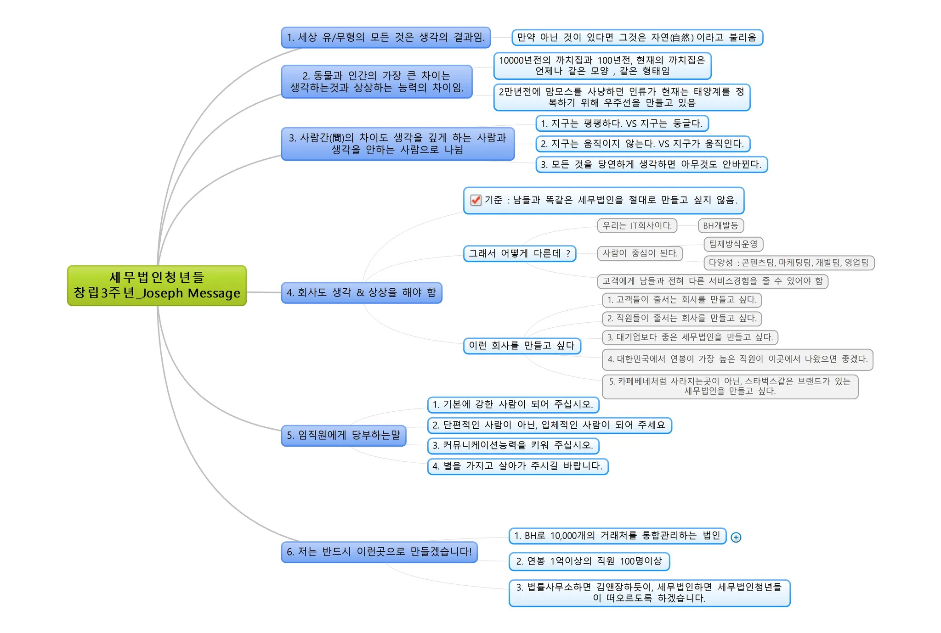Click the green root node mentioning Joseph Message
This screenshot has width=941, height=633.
[157, 285]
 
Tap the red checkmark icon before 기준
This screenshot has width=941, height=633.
[476, 200]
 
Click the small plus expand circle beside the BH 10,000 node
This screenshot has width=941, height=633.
[736, 537]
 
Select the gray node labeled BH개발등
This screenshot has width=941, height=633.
[720, 225]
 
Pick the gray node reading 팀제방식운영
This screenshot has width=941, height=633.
[733, 244]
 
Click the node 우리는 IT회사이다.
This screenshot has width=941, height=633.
[637, 225]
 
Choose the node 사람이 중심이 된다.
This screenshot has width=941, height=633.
[640, 253]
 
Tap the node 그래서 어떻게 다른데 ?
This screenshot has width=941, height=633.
[519, 253]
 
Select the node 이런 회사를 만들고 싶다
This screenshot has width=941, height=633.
[522, 346]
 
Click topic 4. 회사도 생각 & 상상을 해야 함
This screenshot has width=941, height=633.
[361, 292]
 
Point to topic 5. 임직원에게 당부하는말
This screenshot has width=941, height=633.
[343, 435]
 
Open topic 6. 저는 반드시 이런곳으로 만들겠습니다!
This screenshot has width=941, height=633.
[379, 552]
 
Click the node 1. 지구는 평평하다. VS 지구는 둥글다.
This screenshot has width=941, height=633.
[622, 123]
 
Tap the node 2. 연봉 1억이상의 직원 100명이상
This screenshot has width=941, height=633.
[589, 561]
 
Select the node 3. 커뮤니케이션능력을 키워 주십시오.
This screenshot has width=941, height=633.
[513, 445]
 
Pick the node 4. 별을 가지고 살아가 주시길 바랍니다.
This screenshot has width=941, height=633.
[517, 466]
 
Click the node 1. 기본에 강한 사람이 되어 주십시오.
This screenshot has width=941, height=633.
[513, 404]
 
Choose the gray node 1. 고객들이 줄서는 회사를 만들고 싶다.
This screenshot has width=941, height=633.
[681, 300]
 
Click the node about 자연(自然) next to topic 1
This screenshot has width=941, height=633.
[637, 37]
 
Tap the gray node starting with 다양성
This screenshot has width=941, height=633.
[788, 263]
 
